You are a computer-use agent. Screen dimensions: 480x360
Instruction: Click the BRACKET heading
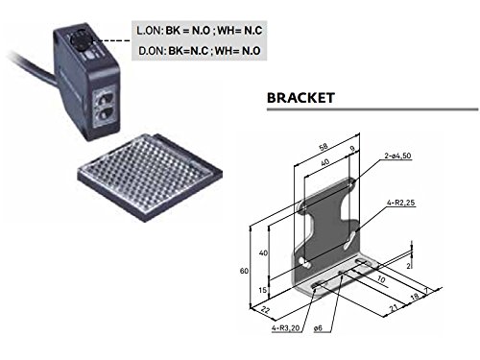(x=300, y=98)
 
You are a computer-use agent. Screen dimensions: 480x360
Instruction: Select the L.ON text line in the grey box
(x=200, y=31)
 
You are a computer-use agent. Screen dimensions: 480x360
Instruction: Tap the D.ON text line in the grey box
(x=200, y=51)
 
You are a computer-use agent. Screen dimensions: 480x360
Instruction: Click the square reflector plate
(x=150, y=177)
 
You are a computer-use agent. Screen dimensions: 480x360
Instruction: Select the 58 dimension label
(x=324, y=147)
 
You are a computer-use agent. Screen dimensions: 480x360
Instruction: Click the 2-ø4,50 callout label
(x=397, y=156)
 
